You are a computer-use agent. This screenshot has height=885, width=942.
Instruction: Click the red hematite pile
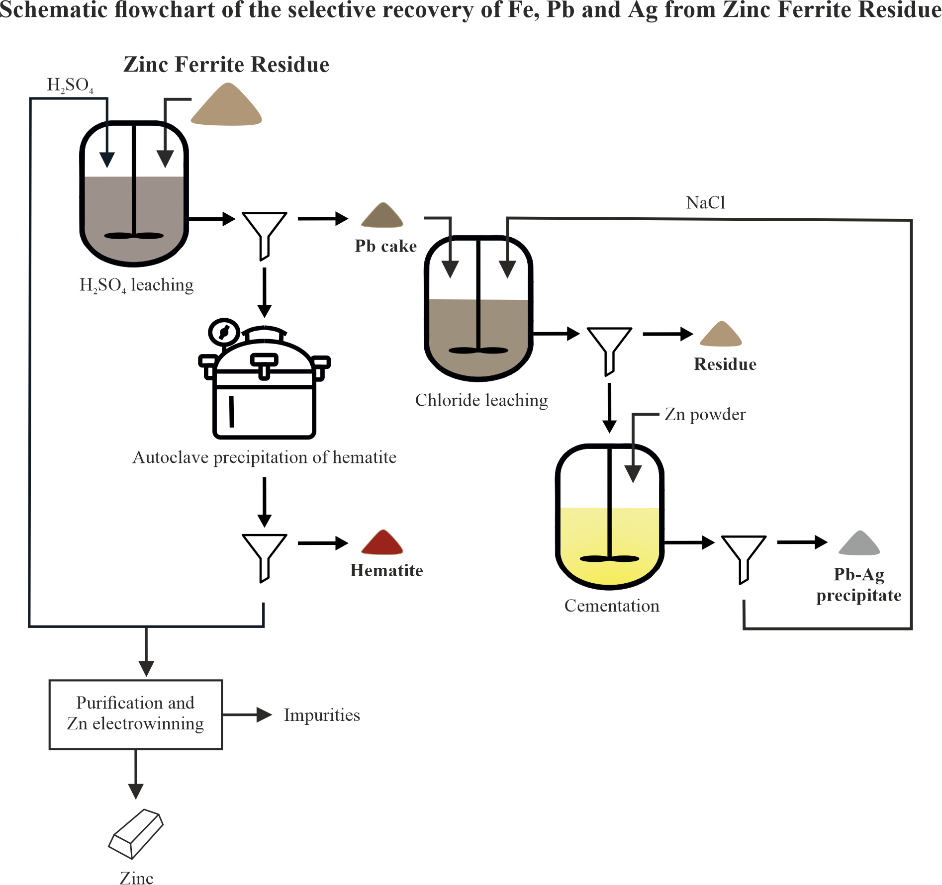pyautogui.click(x=382, y=543)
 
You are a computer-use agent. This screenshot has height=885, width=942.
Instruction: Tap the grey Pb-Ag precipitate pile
pyautogui.click(x=859, y=543)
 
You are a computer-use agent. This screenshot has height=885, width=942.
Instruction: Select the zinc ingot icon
pyautogui.click(x=136, y=833)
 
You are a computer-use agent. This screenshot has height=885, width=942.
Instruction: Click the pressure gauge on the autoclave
pyautogui.click(x=224, y=332)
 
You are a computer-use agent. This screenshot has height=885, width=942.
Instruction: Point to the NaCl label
pyautogui.click(x=705, y=203)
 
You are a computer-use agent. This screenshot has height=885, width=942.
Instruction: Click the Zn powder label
pyautogui.click(x=705, y=414)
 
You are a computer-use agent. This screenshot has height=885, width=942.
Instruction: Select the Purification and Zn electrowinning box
pyautogui.click(x=135, y=714)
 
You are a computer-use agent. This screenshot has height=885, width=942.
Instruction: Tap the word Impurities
pyautogui.click(x=322, y=715)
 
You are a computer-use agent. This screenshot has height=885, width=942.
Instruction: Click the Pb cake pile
pyautogui.click(x=382, y=216)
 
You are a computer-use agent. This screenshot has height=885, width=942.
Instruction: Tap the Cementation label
pyautogui.click(x=612, y=606)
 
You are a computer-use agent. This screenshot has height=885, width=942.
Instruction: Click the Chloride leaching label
pyautogui.click(x=481, y=400)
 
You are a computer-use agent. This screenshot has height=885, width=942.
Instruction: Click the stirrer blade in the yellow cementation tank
pyautogui.click(x=609, y=558)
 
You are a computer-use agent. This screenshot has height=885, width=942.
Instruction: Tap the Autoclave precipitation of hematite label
pyautogui.click(x=264, y=457)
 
